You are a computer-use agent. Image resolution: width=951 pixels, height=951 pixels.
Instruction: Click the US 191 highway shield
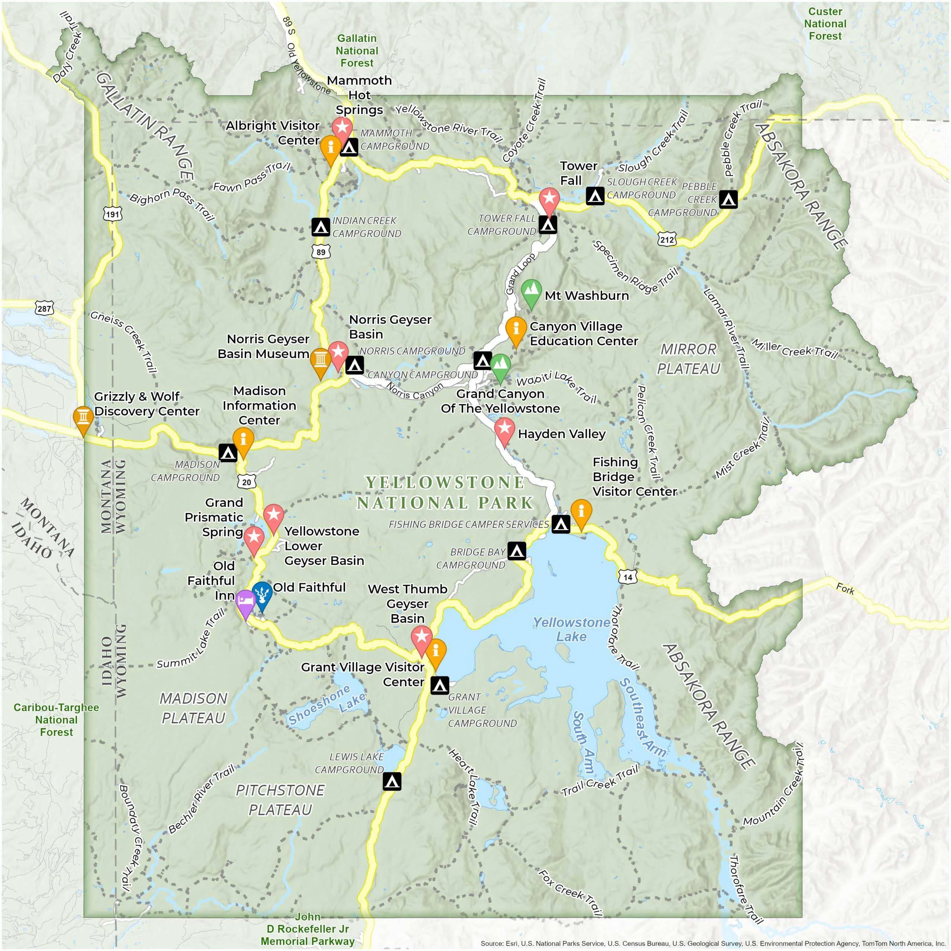click(x=112, y=213)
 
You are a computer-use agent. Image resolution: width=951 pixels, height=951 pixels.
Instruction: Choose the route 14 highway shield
click(x=627, y=577)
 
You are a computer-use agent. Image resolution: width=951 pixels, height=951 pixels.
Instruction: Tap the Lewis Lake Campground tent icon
click(x=392, y=781)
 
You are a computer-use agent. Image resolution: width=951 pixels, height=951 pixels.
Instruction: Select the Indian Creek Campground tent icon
click(x=321, y=227)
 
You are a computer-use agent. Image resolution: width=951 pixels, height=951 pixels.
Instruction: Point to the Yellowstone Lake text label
click(x=571, y=629)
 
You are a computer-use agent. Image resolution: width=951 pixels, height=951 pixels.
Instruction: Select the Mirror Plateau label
click(x=688, y=359)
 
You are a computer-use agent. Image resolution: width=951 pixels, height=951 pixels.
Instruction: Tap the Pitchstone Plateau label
click(x=280, y=800)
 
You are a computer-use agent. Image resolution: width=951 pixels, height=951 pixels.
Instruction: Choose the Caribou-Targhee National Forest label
click(x=56, y=720)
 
